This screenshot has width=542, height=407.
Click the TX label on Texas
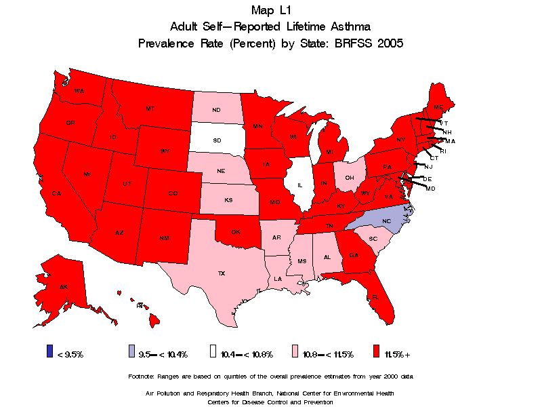click(221, 273)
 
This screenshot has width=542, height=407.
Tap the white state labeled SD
click(217, 140)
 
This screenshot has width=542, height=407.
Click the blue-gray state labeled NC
click(386, 220)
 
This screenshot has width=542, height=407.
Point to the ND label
click(215, 110)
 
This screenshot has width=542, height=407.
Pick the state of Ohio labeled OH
click(349, 178)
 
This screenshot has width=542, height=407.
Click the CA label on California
click(57, 193)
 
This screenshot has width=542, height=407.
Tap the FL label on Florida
click(375, 297)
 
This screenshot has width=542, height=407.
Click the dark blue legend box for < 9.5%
click(49, 351)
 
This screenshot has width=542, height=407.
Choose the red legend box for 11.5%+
click(377, 351)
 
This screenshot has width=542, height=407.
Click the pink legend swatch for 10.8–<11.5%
click(295, 351)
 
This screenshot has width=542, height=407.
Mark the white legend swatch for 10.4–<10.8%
click(213, 351)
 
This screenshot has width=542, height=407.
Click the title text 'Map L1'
click(270, 9)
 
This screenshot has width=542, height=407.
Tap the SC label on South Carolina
click(373, 239)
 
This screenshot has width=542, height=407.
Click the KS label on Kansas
click(229, 202)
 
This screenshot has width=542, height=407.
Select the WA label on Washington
click(79, 92)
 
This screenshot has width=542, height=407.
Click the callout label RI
click(443, 151)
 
